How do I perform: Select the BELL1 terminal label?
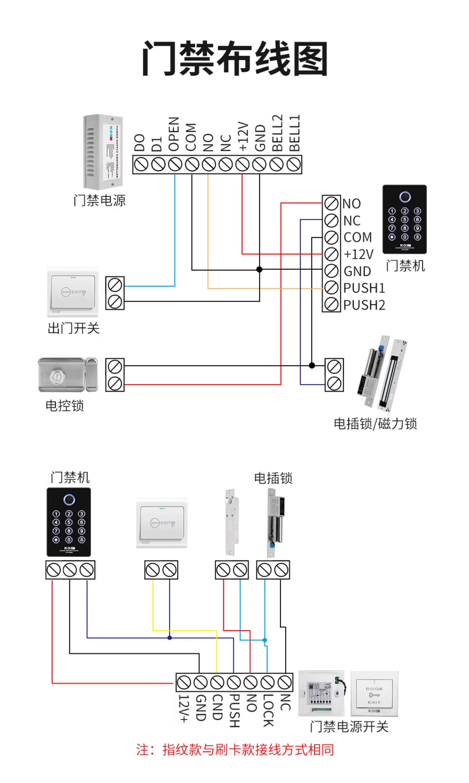pos(294,133)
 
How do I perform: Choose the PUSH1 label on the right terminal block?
pos(364,288)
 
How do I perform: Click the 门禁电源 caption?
pos(99,200)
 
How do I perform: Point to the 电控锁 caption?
pos(65,406)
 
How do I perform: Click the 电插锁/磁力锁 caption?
pos(375,424)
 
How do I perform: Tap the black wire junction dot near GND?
pos(259,269)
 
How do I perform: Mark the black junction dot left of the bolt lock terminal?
pos(312,366)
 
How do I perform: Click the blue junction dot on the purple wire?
pos(170,638)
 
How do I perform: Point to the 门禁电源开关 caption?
pos(349,727)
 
